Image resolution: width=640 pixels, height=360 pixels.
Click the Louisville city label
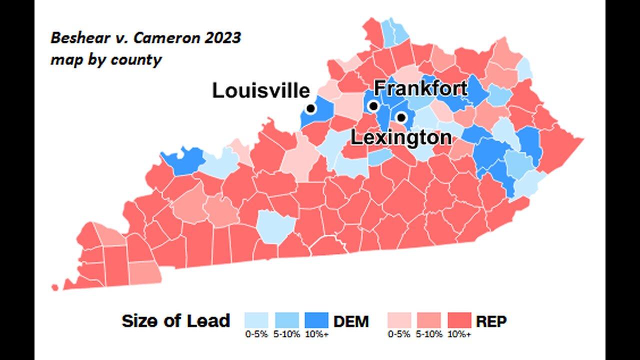tap(261, 91)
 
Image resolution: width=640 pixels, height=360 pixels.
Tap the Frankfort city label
tap(420, 88)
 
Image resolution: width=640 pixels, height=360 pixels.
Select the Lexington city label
tap(401, 137)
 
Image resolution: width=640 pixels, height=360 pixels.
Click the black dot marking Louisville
tap(310, 108)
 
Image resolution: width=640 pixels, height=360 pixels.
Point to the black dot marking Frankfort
tap(373, 106)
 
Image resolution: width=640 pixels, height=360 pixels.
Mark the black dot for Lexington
tap(401, 117)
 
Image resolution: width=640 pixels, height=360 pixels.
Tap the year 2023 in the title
tap(223, 38)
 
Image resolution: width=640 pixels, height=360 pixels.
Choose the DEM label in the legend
tap(351, 321)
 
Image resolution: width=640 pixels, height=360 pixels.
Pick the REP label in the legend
tap(491, 321)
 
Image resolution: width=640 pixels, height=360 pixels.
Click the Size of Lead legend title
tap(176, 321)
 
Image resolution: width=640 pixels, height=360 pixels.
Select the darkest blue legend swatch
tap(316, 320)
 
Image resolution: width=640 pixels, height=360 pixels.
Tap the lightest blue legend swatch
tap(256, 320)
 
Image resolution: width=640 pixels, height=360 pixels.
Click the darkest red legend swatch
tap(459, 320)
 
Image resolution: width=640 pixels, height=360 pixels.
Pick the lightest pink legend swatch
tap(399, 320)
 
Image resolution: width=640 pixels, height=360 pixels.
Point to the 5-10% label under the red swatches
tap(429, 334)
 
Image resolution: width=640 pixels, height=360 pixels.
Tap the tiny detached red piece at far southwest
tap(54, 287)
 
